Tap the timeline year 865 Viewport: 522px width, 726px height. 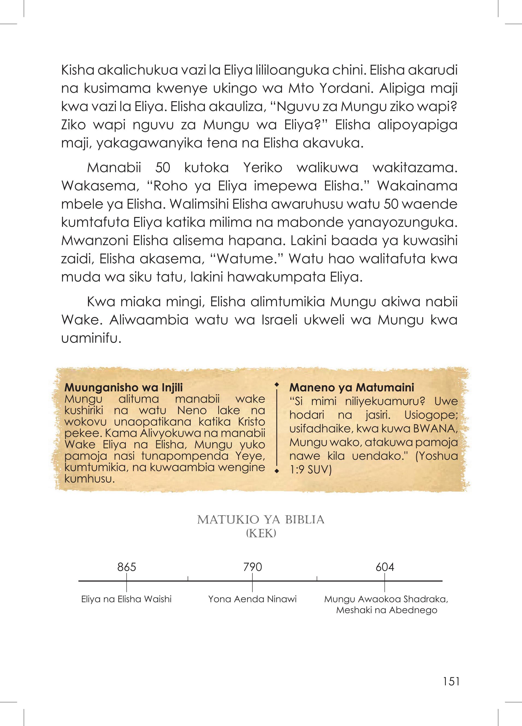pyautogui.click(x=127, y=567)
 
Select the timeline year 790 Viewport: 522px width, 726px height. pyautogui.click(x=252, y=567)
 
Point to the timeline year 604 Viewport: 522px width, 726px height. pyautogui.click(x=385, y=567)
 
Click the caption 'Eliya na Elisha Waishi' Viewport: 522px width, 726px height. pyautogui.click(x=127, y=599)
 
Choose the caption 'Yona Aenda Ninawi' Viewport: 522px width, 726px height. pyautogui.click(x=252, y=599)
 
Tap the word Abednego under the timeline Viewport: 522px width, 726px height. pyautogui.click(x=413, y=610)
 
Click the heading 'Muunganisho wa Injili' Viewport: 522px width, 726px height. pyautogui.click(x=123, y=388)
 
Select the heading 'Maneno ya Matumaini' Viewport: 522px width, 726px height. pyautogui.click(x=352, y=388)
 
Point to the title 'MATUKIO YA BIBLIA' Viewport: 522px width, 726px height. pyautogui.click(x=261, y=520)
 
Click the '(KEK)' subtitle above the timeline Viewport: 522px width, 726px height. pyautogui.click(x=261, y=533)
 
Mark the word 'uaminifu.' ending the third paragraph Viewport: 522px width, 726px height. pyautogui.click(x=91, y=338)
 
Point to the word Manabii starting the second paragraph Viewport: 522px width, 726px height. pyautogui.click(x=114, y=168)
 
